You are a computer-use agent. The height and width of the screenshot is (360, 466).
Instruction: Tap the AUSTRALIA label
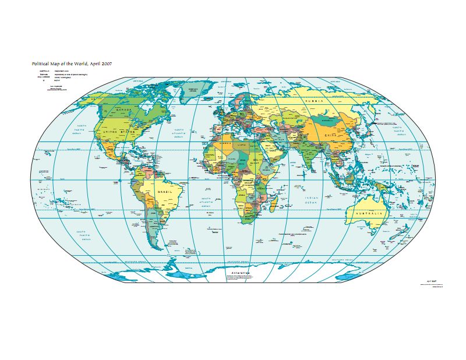pos(370,214)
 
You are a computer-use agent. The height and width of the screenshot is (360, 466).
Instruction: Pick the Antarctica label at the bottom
pos(239,273)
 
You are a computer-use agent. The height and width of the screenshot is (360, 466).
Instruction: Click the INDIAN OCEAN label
pos(310,200)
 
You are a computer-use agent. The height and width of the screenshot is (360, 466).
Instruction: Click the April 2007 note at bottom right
pos(432,281)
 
